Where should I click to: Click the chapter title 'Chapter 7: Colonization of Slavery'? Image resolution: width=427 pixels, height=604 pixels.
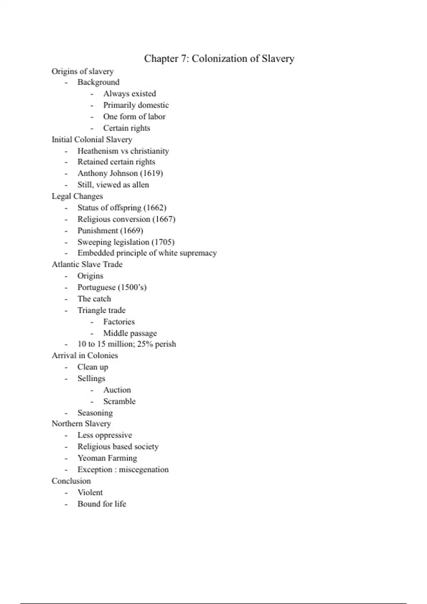219,59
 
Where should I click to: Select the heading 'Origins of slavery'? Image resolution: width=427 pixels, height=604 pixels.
83,71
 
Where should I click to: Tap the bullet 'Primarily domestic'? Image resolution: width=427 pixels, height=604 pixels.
136,105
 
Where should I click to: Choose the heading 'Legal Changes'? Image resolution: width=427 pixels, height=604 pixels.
77,196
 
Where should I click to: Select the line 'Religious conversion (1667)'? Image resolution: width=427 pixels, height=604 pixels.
126,219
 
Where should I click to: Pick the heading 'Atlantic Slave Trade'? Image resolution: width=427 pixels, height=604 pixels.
87,264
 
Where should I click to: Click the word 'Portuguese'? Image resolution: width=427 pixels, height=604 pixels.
96,287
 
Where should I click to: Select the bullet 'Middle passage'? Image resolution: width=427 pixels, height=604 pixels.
130,333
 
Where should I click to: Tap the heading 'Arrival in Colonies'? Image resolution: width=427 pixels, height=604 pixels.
85,355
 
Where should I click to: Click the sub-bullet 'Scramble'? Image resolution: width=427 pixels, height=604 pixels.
119,401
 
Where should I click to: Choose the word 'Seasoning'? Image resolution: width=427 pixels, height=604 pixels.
95,413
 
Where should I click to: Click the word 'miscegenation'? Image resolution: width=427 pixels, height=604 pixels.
144,470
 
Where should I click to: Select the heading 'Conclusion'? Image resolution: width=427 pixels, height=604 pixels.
71,481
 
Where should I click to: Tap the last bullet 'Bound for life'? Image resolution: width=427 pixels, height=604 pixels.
102,504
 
